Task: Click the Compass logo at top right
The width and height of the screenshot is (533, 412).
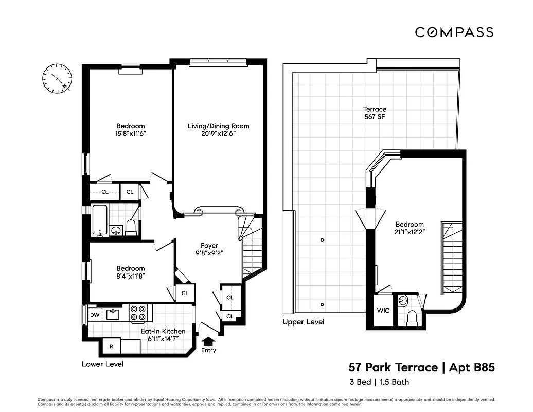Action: click(454, 32)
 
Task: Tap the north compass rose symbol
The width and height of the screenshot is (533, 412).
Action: click(57, 79)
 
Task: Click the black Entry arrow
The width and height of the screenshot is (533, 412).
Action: click(208, 341)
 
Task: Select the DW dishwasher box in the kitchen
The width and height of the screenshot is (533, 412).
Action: click(95, 315)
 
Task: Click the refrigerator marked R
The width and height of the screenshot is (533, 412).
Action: click(111, 347)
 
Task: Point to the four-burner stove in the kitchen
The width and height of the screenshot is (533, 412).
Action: click(138, 313)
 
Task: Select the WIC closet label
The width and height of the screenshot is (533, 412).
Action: click(382, 311)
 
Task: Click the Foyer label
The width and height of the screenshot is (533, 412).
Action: click(209, 246)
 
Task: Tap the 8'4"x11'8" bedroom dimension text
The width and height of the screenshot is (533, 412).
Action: click(130, 277)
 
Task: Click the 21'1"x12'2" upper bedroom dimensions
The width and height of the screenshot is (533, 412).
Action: click(410, 232)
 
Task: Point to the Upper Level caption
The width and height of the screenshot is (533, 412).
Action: click(303, 322)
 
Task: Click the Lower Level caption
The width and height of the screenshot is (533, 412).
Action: click(102, 364)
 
